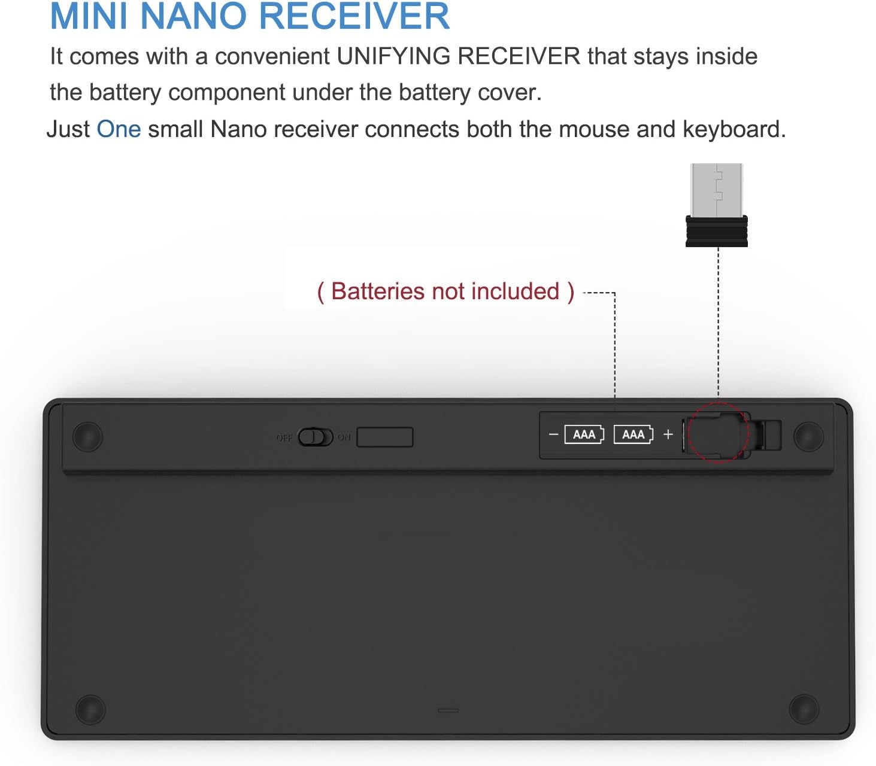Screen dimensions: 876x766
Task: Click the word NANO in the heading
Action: click(x=193, y=16)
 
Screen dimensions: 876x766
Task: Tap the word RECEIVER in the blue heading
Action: click(x=354, y=16)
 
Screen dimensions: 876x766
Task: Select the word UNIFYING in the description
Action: click(x=393, y=56)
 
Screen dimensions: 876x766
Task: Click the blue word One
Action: click(x=119, y=129)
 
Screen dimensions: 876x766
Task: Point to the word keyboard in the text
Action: click(x=734, y=129)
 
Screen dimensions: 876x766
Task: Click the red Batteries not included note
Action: click(x=445, y=292)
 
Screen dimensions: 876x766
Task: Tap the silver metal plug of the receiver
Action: click(x=716, y=190)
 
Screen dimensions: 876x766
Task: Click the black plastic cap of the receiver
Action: click(x=716, y=231)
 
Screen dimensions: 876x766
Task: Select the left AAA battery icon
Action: click(x=584, y=435)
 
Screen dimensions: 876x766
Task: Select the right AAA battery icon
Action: click(x=633, y=435)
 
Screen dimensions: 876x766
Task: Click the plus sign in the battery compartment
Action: click(x=668, y=435)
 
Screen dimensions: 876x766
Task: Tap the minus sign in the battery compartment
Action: click(x=553, y=435)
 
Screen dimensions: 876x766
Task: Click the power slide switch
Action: click(x=316, y=437)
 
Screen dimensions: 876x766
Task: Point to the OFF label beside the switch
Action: click(x=284, y=437)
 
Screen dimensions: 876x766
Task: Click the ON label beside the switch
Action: click(x=344, y=437)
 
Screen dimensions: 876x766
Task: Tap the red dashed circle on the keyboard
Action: click(x=689, y=433)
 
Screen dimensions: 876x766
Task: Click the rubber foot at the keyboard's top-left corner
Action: click(x=88, y=437)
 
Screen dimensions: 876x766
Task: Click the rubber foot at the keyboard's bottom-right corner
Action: click(x=804, y=709)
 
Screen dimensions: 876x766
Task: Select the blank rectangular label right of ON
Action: click(x=385, y=437)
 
